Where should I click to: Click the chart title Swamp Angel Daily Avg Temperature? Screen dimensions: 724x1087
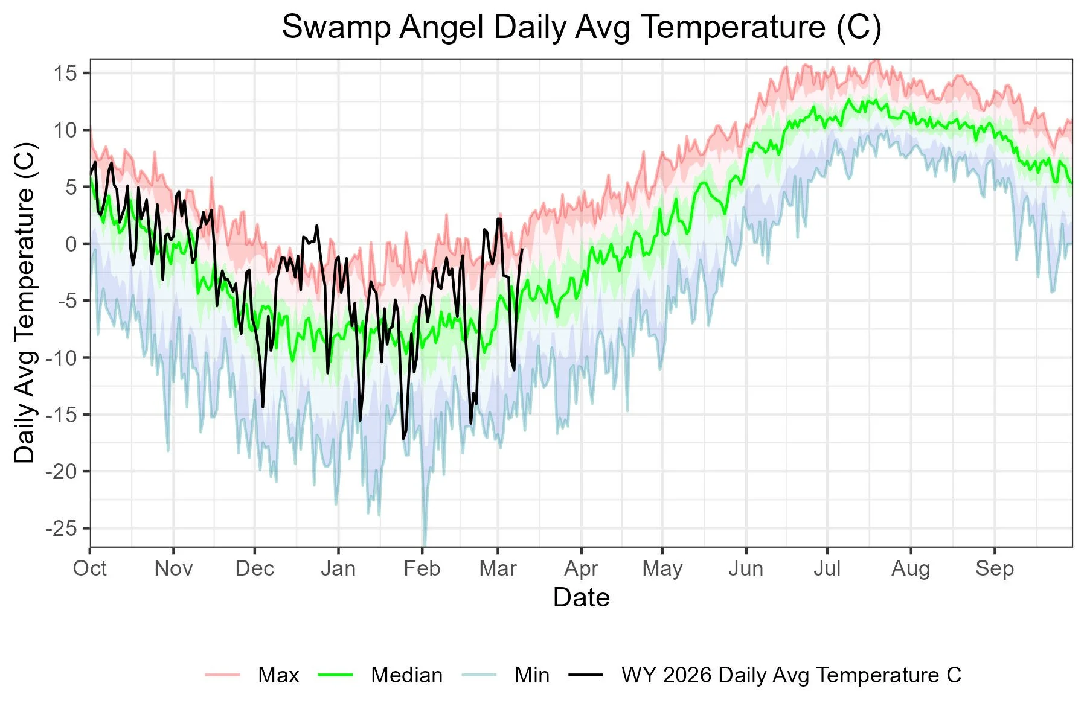click(x=581, y=28)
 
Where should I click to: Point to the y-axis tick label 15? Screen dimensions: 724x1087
click(x=65, y=74)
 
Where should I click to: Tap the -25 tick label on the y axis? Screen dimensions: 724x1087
click(x=62, y=529)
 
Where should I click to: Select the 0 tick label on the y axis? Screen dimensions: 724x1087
click(x=71, y=244)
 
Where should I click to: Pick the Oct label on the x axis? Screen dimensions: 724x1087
click(x=90, y=568)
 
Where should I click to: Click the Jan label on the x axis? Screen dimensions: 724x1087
click(x=338, y=568)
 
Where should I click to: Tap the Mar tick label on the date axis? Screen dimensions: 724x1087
click(x=498, y=568)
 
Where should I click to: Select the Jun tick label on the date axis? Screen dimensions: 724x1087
click(x=746, y=568)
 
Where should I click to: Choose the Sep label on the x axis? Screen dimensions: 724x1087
click(x=994, y=568)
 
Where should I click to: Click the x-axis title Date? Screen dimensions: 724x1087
click(x=581, y=597)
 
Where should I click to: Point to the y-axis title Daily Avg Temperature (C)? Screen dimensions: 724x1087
click(x=25, y=303)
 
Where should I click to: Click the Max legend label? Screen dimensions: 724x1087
click(x=278, y=675)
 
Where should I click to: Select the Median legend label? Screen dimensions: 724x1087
click(x=406, y=675)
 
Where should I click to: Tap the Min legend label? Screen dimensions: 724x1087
click(x=532, y=675)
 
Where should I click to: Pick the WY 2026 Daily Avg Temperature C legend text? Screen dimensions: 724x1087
click(x=791, y=675)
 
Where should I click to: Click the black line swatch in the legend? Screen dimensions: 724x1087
click(x=586, y=675)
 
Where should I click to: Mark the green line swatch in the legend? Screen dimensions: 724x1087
click(x=335, y=675)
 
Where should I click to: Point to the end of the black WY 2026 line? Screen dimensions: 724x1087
click(x=522, y=249)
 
